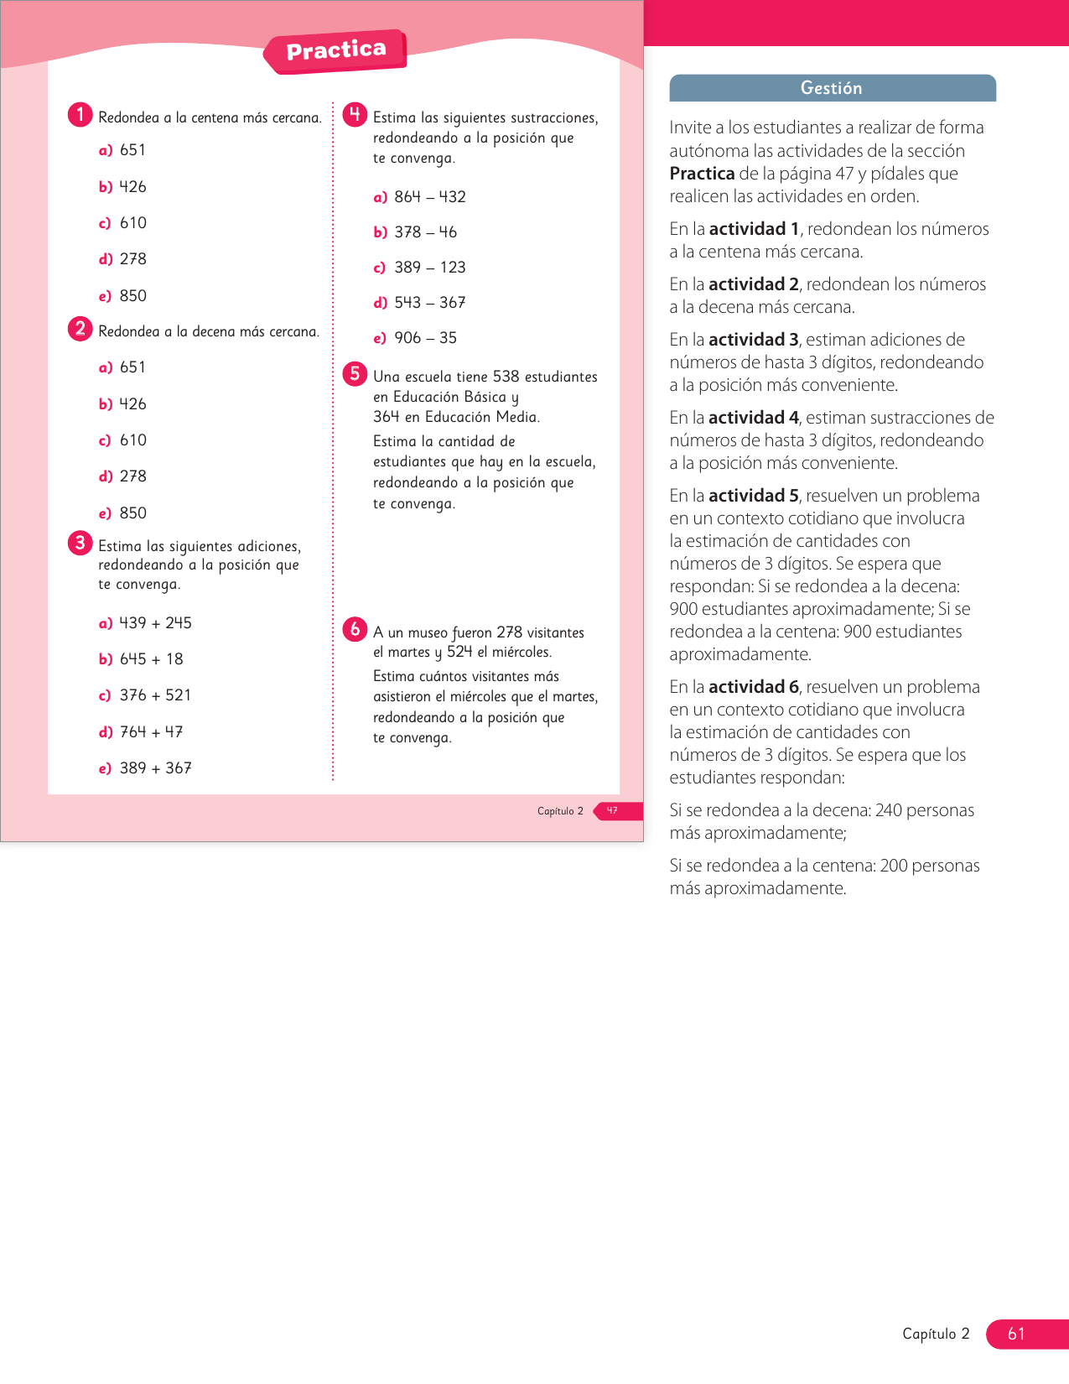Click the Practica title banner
tap(335, 51)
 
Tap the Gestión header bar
tap(832, 88)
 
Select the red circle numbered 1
tap(80, 114)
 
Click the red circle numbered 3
tap(80, 543)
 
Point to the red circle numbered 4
tap(355, 114)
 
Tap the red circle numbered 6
tap(355, 629)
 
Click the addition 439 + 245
tap(155, 623)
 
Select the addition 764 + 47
tap(151, 732)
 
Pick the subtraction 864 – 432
tap(429, 197)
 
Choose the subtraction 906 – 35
tap(425, 338)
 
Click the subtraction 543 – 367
tap(429, 303)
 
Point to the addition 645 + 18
tap(151, 659)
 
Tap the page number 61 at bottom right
tap(1016, 1334)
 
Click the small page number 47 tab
tap(613, 811)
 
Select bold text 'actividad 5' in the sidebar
tap(753, 496)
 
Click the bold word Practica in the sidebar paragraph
tap(702, 174)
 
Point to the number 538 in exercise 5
tap(506, 377)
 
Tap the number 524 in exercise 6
tap(459, 652)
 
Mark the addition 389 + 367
tap(155, 768)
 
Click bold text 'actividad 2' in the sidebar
tap(753, 284)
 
